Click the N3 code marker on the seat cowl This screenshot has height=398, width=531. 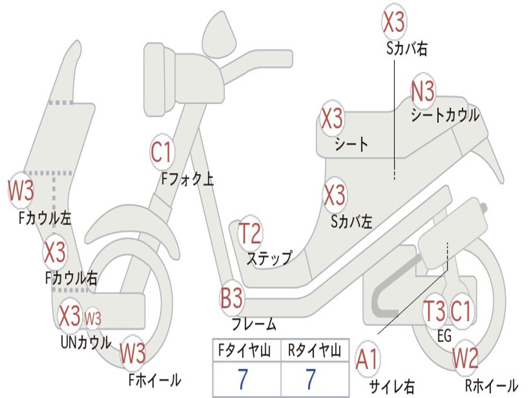423,92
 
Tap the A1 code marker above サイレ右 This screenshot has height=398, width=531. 367,360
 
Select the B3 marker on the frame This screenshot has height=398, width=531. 232,298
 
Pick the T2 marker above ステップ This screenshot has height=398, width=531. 250,234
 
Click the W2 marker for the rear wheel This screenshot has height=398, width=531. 465,358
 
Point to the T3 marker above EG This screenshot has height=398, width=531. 435,311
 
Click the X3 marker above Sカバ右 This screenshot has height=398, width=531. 394,22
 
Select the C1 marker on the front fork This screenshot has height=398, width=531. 161,152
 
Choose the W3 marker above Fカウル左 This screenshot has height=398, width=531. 21,191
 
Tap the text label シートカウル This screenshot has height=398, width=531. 445,115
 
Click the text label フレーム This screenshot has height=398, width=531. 254,325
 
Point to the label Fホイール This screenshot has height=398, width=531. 155,380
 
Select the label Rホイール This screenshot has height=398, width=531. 491,385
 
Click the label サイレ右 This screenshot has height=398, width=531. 392,386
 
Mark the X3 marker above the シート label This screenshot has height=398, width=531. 332,119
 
